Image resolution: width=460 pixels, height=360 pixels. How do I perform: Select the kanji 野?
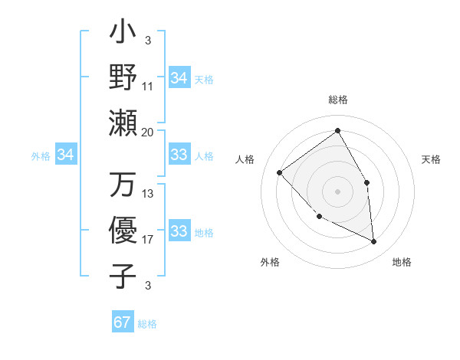(x=123, y=77)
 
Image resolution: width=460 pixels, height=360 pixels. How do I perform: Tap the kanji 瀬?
(x=123, y=122)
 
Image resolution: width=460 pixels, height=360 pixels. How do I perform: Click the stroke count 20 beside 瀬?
(x=148, y=132)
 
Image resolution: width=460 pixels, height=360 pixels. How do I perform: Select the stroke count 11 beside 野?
(x=148, y=87)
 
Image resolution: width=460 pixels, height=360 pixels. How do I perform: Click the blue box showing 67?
(x=123, y=322)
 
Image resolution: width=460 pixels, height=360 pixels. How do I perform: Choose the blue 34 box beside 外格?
(x=66, y=155)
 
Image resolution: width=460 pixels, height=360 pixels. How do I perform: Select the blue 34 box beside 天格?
(x=179, y=78)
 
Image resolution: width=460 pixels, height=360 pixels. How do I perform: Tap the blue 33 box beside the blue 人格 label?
(x=179, y=155)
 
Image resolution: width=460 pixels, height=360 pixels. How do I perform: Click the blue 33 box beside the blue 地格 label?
(x=179, y=231)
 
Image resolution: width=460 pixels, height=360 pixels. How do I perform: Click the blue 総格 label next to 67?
(x=147, y=323)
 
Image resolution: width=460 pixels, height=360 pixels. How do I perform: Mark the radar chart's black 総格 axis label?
(x=337, y=100)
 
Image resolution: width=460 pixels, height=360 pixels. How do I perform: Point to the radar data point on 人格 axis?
(x=280, y=173)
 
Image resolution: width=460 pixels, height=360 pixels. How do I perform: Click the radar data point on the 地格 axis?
(x=374, y=241)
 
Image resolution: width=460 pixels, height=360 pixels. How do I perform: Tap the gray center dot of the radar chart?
(x=337, y=191)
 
